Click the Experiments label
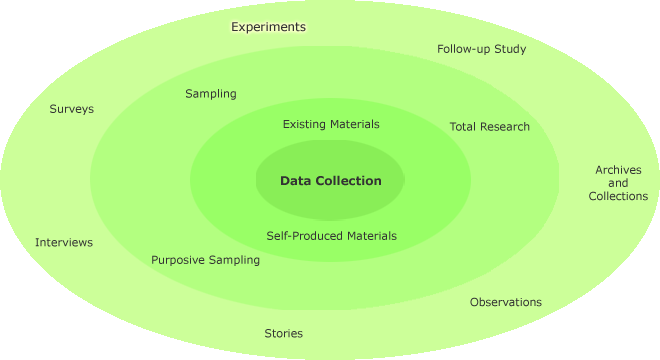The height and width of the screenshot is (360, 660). pyautogui.click(x=268, y=27)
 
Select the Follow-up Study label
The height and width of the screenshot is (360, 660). pyautogui.click(x=481, y=49)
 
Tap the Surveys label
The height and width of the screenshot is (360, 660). pyautogui.click(x=71, y=109)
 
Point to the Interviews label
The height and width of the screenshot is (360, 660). pyautogui.click(x=63, y=243)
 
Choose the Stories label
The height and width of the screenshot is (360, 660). pyautogui.click(x=283, y=333)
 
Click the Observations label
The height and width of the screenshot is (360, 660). pyautogui.click(x=505, y=302)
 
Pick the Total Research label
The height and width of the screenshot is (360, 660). pyautogui.click(x=489, y=127)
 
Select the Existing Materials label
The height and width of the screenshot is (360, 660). pyautogui.click(x=331, y=125)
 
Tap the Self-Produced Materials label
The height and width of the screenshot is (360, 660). pyautogui.click(x=331, y=236)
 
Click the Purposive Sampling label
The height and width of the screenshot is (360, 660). pyautogui.click(x=205, y=260)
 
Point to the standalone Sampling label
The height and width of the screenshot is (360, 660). pyautogui.click(x=210, y=94)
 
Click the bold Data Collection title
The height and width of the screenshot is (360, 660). pyautogui.click(x=330, y=181)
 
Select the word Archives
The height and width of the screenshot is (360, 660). pyautogui.click(x=618, y=170)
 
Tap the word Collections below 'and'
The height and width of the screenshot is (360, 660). pyautogui.click(x=618, y=196)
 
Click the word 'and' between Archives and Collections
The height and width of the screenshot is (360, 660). pyautogui.click(x=618, y=183)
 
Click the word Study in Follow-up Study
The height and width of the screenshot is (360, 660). pyautogui.click(x=509, y=49)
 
